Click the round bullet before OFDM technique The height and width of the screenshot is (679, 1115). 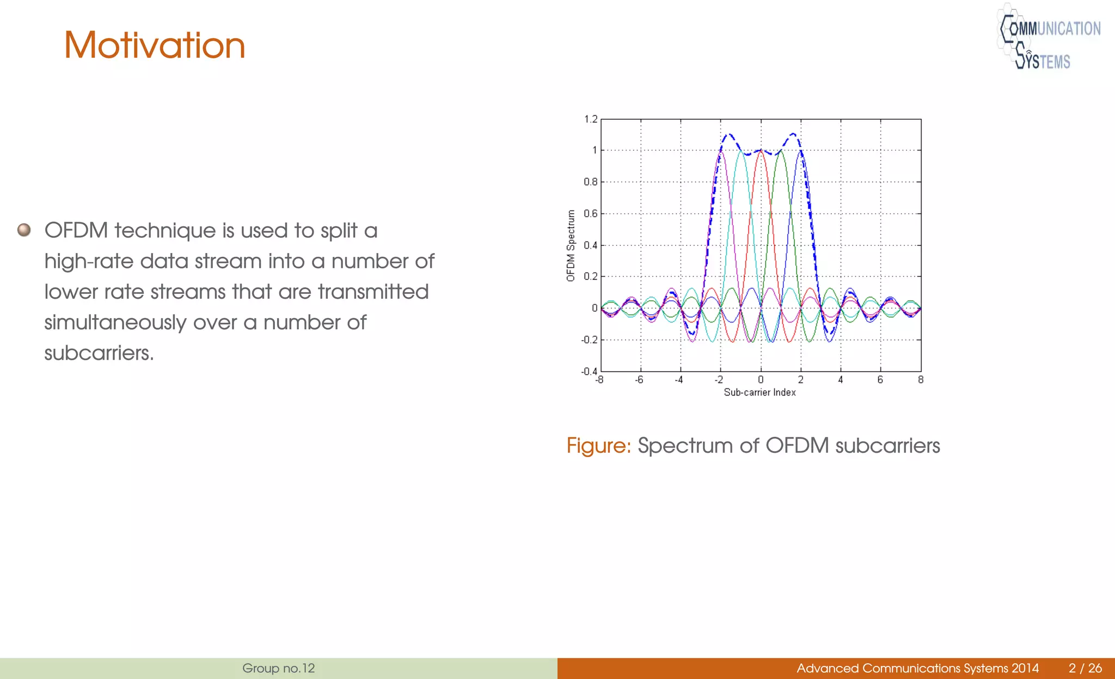pyautogui.click(x=24, y=230)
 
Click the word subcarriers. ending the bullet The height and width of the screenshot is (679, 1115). pyautogui.click(x=99, y=353)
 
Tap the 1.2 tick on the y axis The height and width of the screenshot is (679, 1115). pyautogui.click(x=591, y=119)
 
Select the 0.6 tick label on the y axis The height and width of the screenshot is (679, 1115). pyautogui.click(x=591, y=213)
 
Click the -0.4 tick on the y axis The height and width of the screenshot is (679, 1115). pyautogui.click(x=590, y=371)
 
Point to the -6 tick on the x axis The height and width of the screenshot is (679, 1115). pyautogui.click(x=639, y=380)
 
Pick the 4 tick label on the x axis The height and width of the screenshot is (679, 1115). pyautogui.click(x=841, y=380)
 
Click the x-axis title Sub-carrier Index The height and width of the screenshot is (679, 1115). pyautogui.click(x=759, y=392)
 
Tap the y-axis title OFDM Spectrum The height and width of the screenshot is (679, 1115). pyautogui.click(x=571, y=245)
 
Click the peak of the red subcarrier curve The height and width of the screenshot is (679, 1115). pyautogui.click(x=761, y=152)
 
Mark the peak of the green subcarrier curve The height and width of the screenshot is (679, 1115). pyautogui.click(x=781, y=152)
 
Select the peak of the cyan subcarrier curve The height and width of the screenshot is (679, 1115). pyautogui.click(x=740, y=152)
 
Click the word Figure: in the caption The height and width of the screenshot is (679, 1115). pyautogui.click(x=598, y=446)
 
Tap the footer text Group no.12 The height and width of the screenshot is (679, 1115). pyautogui.click(x=278, y=668)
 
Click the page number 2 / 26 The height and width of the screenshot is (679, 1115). pyautogui.click(x=1085, y=668)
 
